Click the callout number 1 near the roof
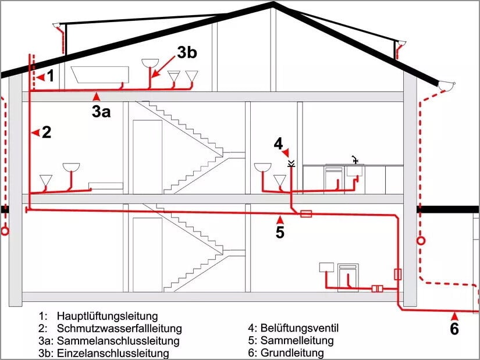click(x=51, y=76)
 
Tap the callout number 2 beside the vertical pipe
click(x=47, y=132)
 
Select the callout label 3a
click(x=101, y=111)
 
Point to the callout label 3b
click(x=187, y=52)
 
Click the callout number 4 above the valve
click(x=278, y=142)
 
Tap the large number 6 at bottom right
click(x=454, y=329)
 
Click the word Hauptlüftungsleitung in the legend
click(x=107, y=316)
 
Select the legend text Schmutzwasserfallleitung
click(x=119, y=329)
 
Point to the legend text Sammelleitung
click(x=297, y=340)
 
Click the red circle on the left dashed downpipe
click(x=5, y=231)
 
